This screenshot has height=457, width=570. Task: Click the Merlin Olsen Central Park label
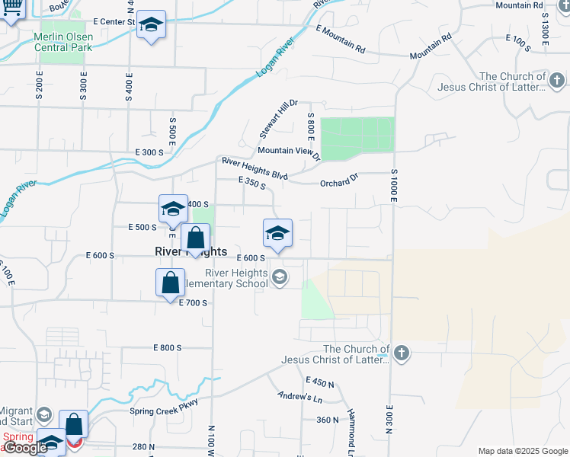click(x=63, y=42)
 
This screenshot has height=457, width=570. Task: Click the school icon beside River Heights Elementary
click(x=280, y=277)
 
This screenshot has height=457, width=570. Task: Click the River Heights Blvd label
click(x=255, y=168)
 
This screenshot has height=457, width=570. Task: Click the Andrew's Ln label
click(x=300, y=398)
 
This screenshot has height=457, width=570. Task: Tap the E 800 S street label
click(x=167, y=347)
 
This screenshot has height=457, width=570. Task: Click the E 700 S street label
click(x=193, y=303)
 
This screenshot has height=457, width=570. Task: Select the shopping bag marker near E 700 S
click(x=170, y=283)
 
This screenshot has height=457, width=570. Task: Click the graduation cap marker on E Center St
click(x=151, y=25)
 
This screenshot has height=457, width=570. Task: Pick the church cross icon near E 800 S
click(x=402, y=353)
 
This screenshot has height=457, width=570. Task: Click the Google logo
click(x=25, y=448)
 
